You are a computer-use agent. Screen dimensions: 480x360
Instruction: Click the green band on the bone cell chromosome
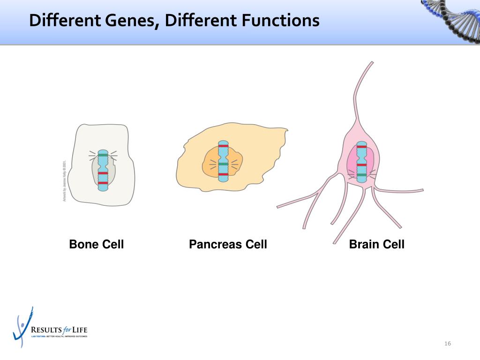point(103,155)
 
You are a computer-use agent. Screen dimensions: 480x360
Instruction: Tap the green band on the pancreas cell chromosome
point(223,164)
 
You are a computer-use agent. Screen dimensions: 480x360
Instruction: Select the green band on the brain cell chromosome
point(361,175)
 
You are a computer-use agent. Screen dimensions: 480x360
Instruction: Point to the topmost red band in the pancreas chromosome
point(223,147)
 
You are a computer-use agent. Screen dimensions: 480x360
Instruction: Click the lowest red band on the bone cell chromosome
point(103,182)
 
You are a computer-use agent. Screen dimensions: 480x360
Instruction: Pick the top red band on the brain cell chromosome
point(361,147)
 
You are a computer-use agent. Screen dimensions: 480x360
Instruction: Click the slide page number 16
point(448,344)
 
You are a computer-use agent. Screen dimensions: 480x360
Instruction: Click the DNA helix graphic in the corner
point(452,19)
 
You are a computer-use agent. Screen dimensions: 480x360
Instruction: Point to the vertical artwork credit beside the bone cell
point(64,181)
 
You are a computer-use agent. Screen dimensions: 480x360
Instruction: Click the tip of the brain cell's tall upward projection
point(372,62)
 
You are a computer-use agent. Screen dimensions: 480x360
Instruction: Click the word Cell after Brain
point(394,244)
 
